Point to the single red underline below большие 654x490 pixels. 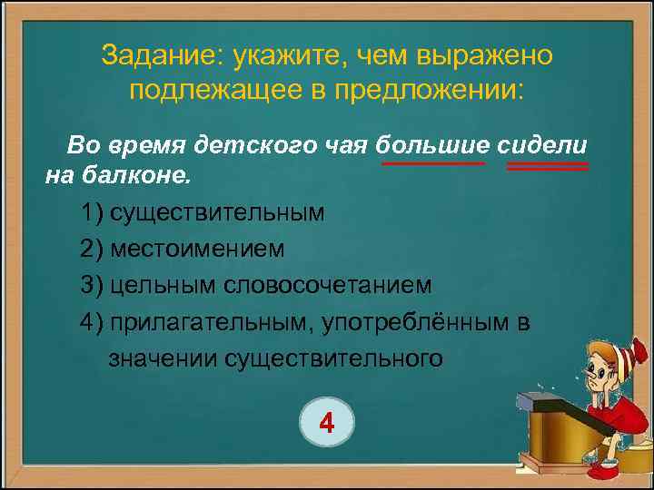click(433, 164)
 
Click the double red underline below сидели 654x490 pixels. click(547, 167)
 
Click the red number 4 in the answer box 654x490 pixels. click(328, 421)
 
